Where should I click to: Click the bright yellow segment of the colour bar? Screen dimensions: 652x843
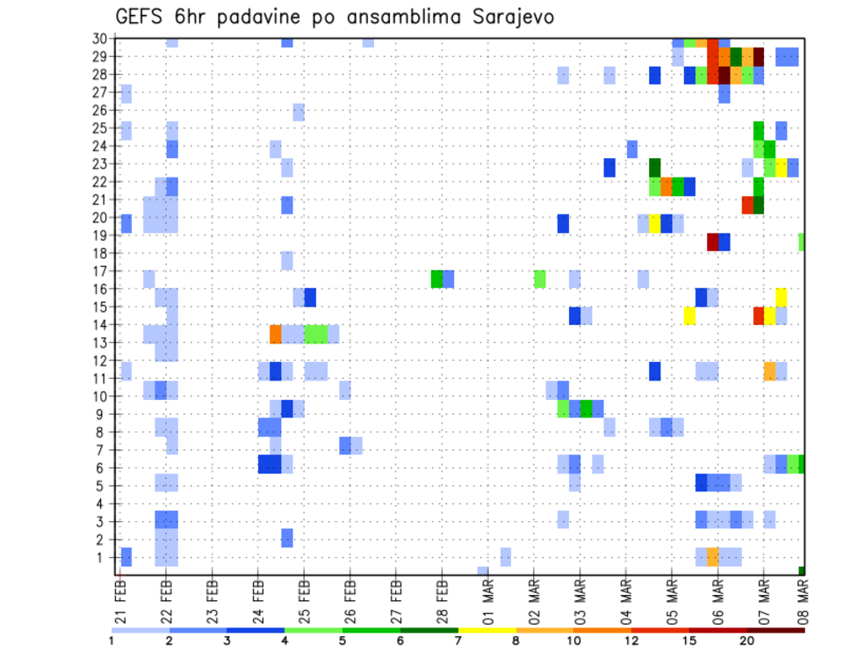[486, 629]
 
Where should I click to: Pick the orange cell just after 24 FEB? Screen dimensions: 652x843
[276, 334]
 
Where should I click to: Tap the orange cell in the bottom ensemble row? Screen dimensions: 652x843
[713, 557]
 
